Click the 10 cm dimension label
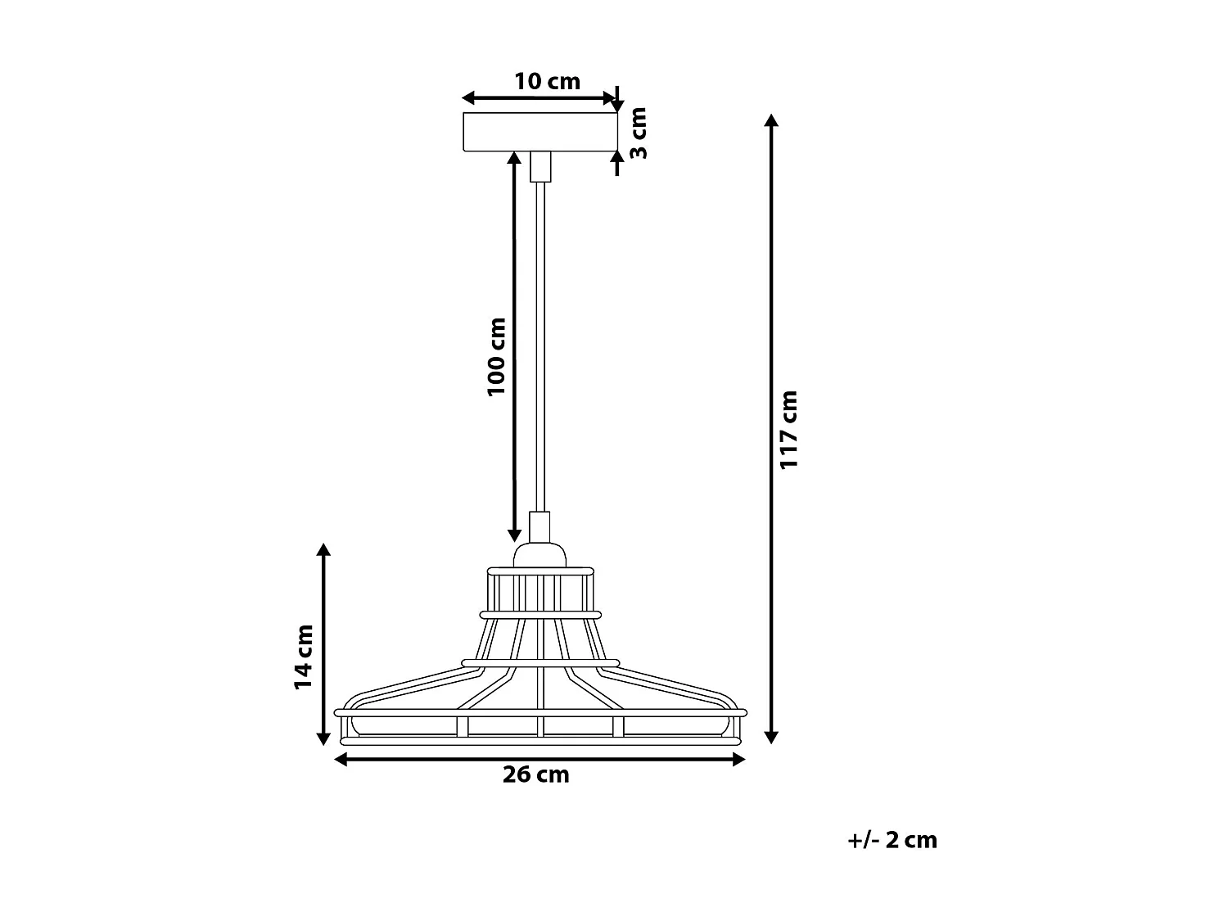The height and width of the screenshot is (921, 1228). tap(547, 81)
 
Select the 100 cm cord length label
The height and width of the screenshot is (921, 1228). tap(497, 356)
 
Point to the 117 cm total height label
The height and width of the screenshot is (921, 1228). tap(788, 429)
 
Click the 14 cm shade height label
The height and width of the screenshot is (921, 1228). tap(304, 657)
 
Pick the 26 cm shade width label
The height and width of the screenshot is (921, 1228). tap(535, 774)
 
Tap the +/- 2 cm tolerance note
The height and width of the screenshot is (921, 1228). tap(892, 840)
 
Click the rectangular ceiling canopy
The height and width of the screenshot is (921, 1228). tap(540, 133)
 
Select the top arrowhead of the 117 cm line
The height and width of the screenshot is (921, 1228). tap(770, 120)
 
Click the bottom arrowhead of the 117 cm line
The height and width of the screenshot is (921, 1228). tap(770, 737)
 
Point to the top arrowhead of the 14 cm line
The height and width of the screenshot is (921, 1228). tap(324, 549)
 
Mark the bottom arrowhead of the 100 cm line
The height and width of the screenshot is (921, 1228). tap(514, 535)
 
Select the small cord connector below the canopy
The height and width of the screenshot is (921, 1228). tap(540, 167)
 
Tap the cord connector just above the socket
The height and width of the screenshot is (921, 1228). tap(540, 526)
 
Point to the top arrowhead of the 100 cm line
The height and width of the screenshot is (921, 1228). tap(514, 159)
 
